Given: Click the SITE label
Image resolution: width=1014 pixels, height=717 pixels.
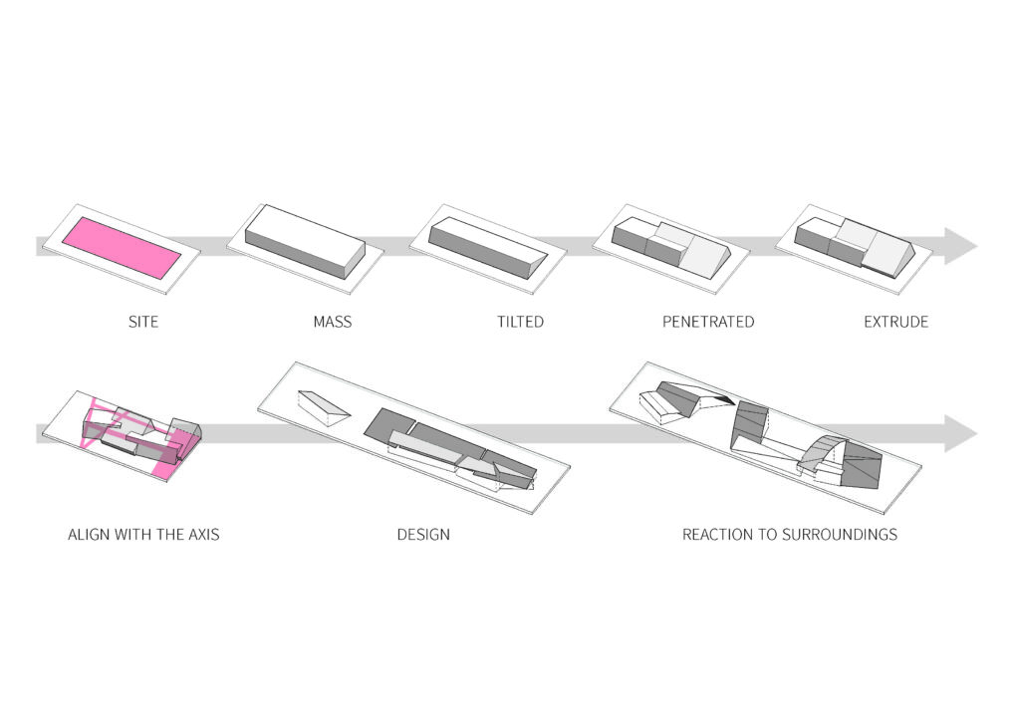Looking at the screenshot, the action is pos(142,322).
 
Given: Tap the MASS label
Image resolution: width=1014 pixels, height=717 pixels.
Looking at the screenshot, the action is pos(333,322).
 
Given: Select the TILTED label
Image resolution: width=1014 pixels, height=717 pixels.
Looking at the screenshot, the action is pos(520,322).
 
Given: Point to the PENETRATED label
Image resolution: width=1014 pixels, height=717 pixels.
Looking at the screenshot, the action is pos(708,322).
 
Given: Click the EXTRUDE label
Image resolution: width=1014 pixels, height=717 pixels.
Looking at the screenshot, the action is pos(895,322).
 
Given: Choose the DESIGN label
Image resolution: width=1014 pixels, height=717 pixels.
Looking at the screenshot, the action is pos(423,535).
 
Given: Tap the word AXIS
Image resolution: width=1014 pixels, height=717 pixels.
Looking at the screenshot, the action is pos(204,535).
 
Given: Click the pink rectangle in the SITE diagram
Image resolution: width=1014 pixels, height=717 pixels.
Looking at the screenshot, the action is pos(122,248).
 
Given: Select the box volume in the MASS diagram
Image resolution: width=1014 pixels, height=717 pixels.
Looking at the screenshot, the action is pos(305,241).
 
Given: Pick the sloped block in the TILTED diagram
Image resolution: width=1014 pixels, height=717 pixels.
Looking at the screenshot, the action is pos(488,248).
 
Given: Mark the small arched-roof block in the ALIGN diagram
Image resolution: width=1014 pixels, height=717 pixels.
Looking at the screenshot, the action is pos(185,429).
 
